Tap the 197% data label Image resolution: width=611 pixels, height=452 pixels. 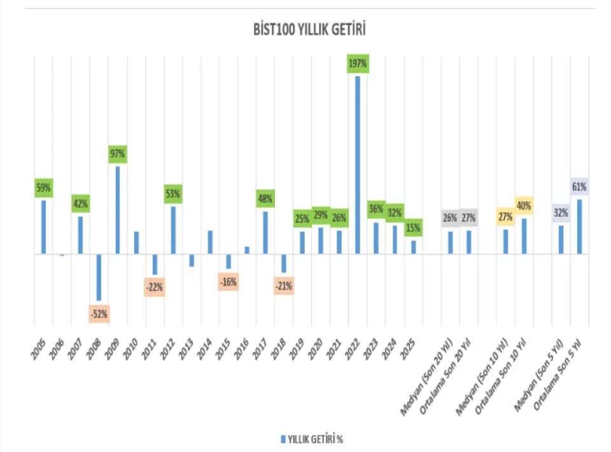pos(358,64)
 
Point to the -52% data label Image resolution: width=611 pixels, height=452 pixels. pos(99,313)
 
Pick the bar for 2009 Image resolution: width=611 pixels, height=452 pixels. pos(118,210)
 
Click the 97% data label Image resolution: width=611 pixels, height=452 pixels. pos(118,154)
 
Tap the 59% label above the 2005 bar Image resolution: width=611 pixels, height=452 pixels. pos(43,188)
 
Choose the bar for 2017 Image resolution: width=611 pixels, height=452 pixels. pos(265,232)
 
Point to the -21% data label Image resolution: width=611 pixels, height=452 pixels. pos(283,286)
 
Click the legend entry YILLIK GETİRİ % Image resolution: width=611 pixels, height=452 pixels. pos(311,439)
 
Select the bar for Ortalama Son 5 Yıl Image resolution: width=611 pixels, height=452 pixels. pos(580,226)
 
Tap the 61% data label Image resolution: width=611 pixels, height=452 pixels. pos(579,187)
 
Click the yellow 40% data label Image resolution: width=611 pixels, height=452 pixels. pos(524,205)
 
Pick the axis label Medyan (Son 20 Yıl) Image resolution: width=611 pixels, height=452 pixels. pos(428,378)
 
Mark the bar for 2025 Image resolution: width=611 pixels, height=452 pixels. pos(414,247)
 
